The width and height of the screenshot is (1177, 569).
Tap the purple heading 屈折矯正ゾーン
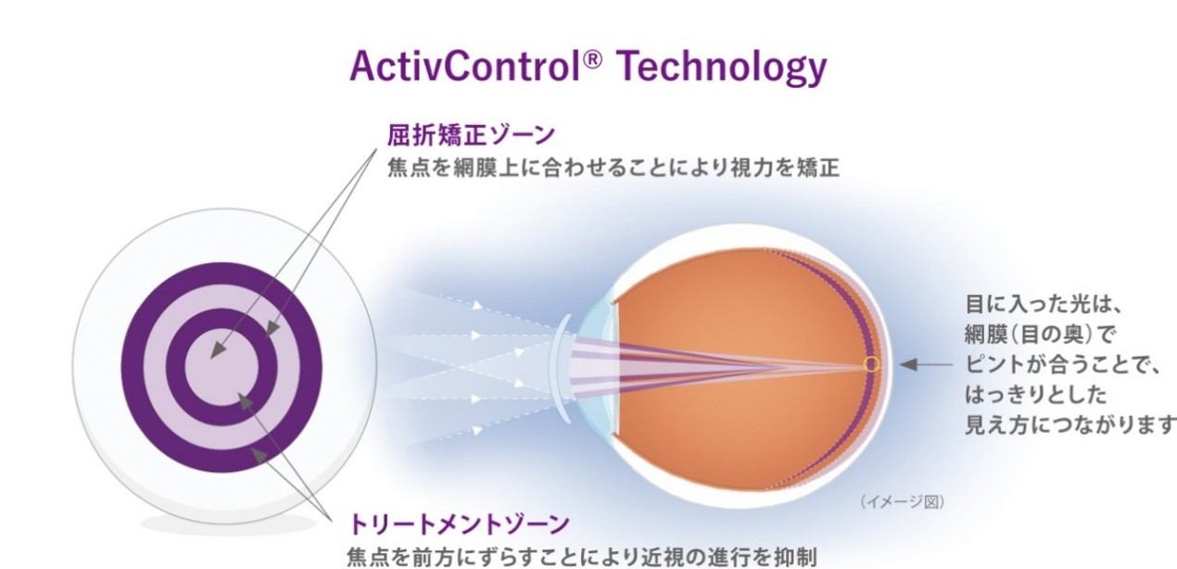[471, 135]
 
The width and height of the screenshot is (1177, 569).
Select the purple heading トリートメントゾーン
[459, 525]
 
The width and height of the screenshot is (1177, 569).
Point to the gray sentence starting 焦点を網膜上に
[613, 171]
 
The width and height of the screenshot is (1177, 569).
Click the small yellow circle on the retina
[871, 364]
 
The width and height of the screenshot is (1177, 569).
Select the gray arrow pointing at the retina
[927, 365]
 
